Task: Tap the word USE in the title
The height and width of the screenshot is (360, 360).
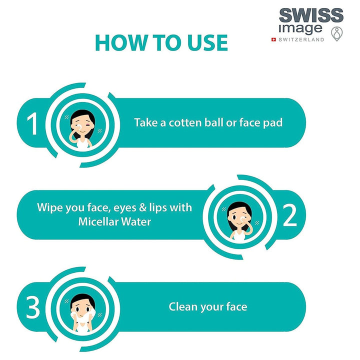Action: click(207, 42)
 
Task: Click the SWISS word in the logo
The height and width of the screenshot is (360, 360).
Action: click(311, 15)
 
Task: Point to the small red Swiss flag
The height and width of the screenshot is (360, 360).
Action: click(273, 39)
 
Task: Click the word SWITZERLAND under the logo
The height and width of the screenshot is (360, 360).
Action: click(301, 39)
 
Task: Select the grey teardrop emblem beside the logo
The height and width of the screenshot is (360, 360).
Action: click(336, 34)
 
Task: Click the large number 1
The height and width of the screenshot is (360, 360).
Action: click(32, 123)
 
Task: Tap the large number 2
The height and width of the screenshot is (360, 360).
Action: click(289, 215)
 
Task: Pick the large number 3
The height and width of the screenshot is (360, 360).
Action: click(33, 307)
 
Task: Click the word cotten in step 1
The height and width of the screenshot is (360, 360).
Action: click(185, 123)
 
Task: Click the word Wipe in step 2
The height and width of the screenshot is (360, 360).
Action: click(50, 208)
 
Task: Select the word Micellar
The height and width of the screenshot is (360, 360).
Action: click(98, 222)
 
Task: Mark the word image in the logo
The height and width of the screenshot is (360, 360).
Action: click(300, 28)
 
